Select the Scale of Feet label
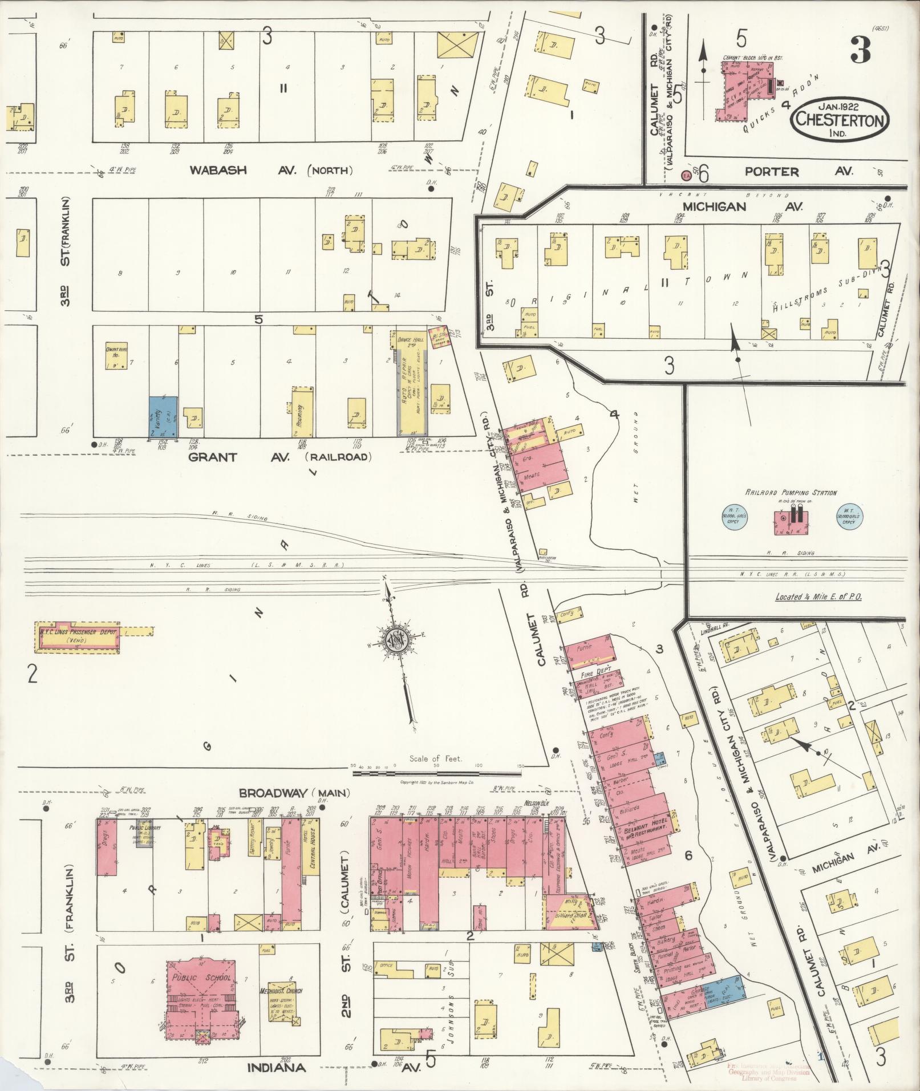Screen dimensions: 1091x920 pos(435,759)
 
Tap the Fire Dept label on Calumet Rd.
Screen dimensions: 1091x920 pos(595,674)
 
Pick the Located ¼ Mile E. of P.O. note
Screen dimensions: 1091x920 pos(818,597)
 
